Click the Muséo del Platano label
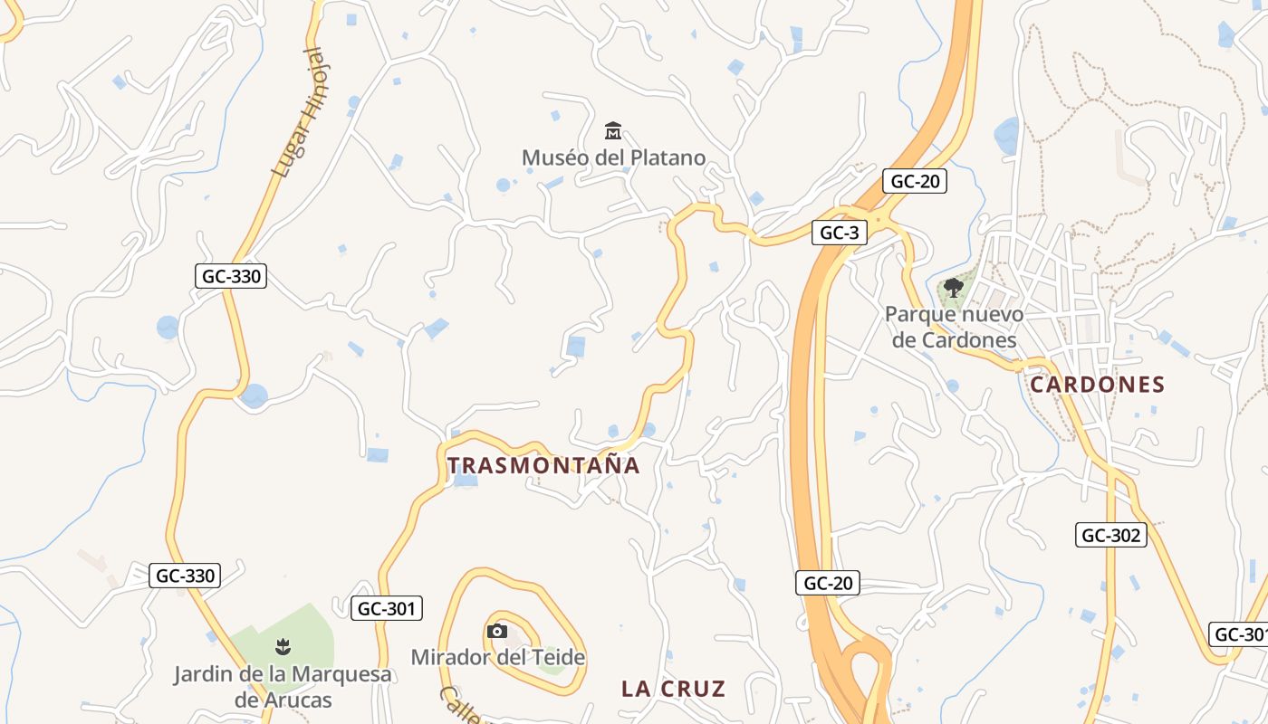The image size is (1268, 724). pyautogui.click(x=613, y=157)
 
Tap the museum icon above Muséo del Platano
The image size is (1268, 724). pyautogui.click(x=613, y=132)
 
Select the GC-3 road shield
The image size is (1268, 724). pyautogui.click(x=839, y=233)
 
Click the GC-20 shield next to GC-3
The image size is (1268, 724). pyautogui.click(x=915, y=181)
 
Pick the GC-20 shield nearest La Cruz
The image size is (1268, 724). pyautogui.click(x=828, y=584)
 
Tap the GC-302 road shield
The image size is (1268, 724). pyautogui.click(x=1111, y=535)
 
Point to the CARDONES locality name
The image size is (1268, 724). pyautogui.click(x=1098, y=385)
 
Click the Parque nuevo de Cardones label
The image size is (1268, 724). pyautogui.click(x=954, y=328)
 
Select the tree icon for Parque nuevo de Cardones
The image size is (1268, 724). pyautogui.click(x=953, y=289)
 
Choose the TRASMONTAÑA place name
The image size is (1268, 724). pyautogui.click(x=544, y=466)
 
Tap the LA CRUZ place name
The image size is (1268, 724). pyautogui.click(x=674, y=689)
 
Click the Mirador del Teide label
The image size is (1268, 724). pyautogui.click(x=498, y=657)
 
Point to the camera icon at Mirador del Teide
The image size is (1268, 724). pyautogui.click(x=496, y=632)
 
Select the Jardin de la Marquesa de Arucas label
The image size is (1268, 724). pyautogui.click(x=283, y=687)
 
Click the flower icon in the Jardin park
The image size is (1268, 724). pyautogui.click(x=283, y=646)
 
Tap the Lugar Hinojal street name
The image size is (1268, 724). pyautogui.click(x=298, y=113)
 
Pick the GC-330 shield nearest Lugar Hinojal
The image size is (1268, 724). pyautogui.click(x=231, y=276)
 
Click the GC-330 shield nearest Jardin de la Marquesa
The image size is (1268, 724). pyautogui.click(x=186, y=575)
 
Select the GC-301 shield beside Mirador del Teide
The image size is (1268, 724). pyautogui.click(x=387, y=609)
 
